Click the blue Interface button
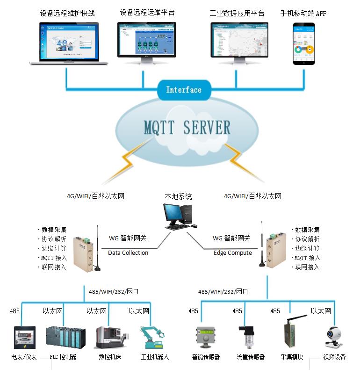click(x=183, y=90)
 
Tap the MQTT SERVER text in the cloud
click(x=187, y=128)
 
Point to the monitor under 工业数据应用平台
click(x=239, y=41)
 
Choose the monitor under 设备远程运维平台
click(x=146, y=41)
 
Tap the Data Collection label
click(x=128, y=253)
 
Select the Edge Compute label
click(x=233, y=253)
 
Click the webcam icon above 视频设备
click(x=333, y=338)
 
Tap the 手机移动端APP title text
click(x=303, y=14)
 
